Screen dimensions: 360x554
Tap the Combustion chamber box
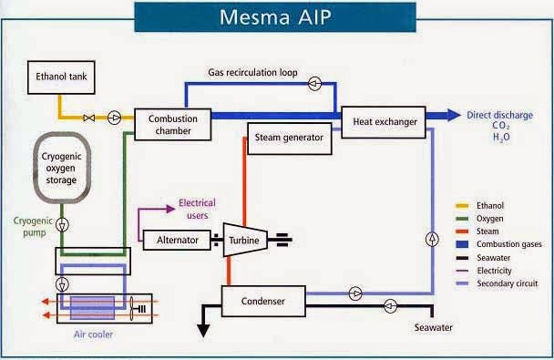point(172,122)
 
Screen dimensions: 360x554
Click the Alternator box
point(176,239)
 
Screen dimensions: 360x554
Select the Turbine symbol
point(242,239)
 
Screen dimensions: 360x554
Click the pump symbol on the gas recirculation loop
point(313,83)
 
